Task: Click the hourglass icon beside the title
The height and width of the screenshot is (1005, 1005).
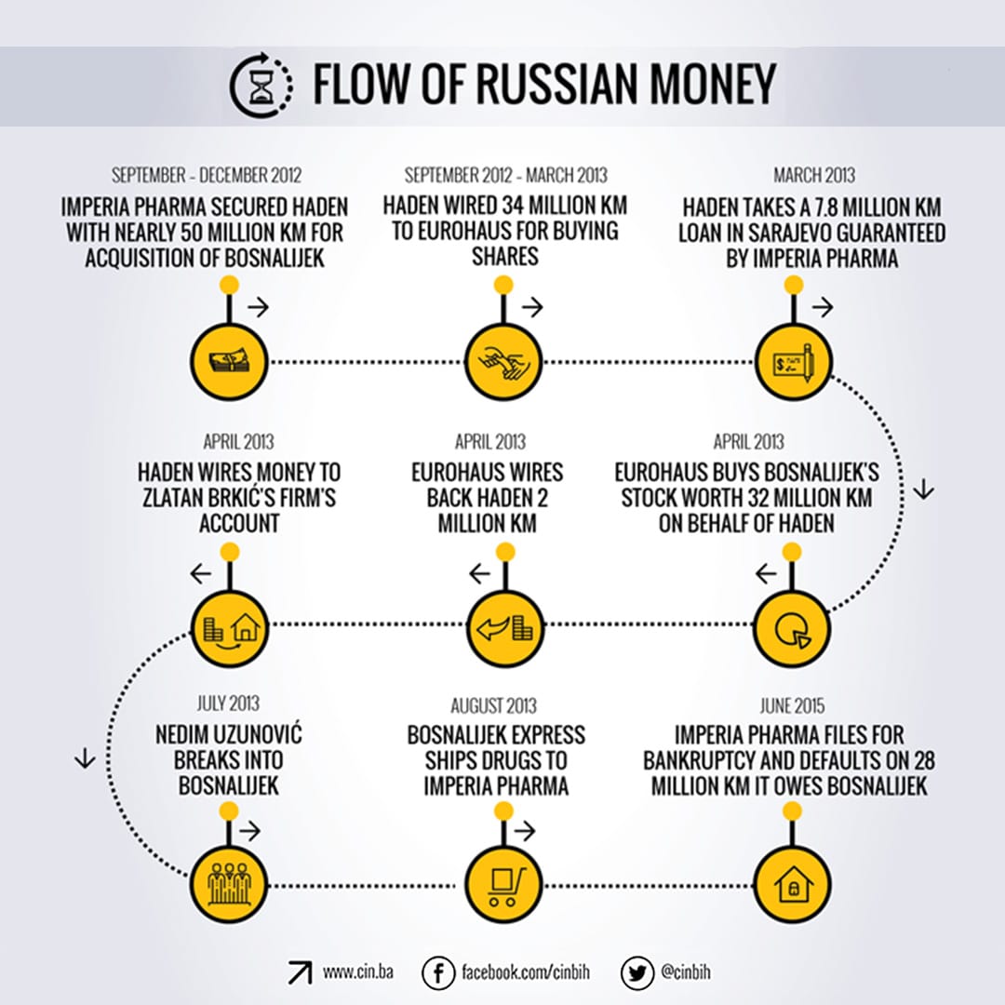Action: (x=261, y=85)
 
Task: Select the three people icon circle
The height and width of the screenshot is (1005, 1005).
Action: (x=229, y=880)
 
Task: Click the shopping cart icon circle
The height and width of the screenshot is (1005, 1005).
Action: (x=502, y=880)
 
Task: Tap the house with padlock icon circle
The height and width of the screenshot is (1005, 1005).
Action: (x=790, y=880)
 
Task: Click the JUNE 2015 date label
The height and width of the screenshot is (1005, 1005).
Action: (x=790, y=706)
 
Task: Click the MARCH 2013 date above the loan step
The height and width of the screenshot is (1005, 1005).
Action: (x=813, y=175)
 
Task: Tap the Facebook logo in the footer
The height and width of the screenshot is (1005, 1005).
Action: (x=436, y=972)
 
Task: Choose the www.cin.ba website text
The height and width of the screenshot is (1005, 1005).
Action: (x=358, y=972)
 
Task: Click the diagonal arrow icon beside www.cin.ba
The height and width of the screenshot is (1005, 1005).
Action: (x=300, y=972)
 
